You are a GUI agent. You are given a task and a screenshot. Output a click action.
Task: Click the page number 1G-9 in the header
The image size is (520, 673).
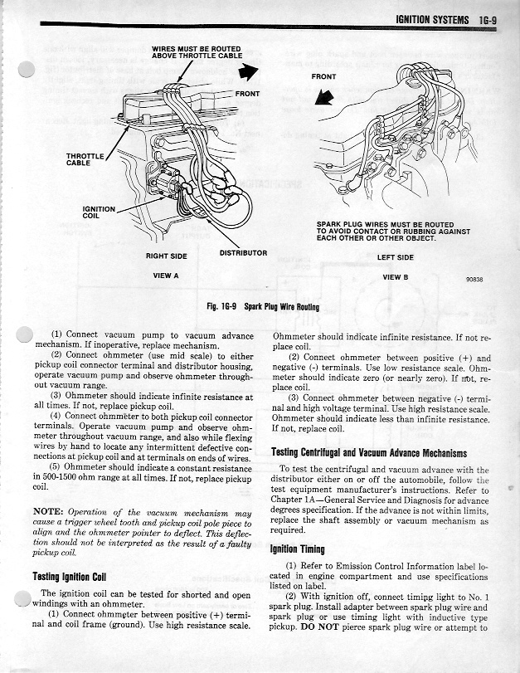click(483, 19)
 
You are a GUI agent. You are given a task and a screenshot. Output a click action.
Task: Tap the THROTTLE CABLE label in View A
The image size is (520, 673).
click(85, 159)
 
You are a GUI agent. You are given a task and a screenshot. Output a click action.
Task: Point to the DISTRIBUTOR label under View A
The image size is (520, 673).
click(243, 251)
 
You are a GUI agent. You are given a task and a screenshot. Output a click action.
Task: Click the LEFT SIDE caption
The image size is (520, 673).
click(396, 257)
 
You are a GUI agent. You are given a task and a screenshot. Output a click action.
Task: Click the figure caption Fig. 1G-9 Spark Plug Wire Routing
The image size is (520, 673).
click(263, 306)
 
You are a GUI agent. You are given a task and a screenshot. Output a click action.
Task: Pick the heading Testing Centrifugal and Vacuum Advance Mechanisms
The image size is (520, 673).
click(369, 452)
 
